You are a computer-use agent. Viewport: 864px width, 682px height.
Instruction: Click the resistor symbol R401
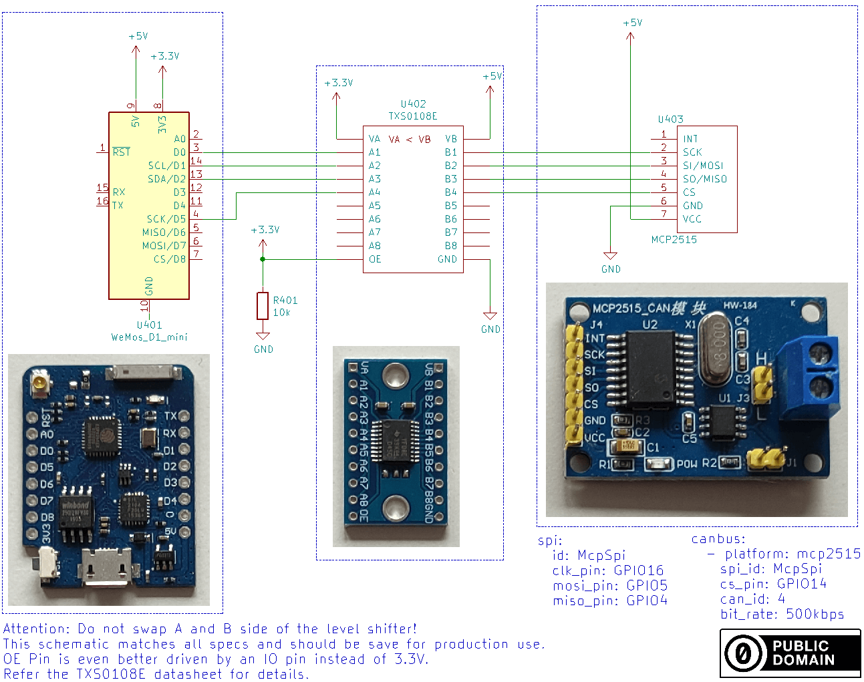(x=263, y=305)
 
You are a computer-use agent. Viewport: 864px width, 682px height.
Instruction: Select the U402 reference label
(x=413, y=104)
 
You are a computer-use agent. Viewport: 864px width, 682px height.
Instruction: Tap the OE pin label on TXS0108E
(x=375, y=259)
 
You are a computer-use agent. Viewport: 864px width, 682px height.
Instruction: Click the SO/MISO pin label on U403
(x=705, y=179)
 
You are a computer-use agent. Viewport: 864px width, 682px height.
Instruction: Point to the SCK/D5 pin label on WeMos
(x=166, y=219)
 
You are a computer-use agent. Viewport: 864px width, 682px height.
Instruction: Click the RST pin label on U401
(x=121, y=152)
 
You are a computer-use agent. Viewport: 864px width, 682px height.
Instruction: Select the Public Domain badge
(x=790, y=653)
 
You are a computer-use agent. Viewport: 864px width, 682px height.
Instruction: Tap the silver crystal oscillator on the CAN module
(x=716, y=351)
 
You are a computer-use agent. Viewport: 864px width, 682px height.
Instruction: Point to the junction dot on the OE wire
(x=263, y=259)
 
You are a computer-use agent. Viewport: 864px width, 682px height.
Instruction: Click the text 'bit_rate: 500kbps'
(x=782, y=614)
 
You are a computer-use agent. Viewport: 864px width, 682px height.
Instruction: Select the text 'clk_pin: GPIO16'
(x=608, y=570)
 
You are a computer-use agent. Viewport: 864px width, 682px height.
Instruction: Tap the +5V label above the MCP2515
(x=632, y=23)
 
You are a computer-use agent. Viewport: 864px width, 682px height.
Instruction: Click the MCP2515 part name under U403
(x=674, y=239)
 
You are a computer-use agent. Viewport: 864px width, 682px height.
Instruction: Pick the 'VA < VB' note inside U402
(x=410, y=139)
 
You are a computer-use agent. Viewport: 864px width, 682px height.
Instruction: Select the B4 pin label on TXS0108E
(x=451, y=192)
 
